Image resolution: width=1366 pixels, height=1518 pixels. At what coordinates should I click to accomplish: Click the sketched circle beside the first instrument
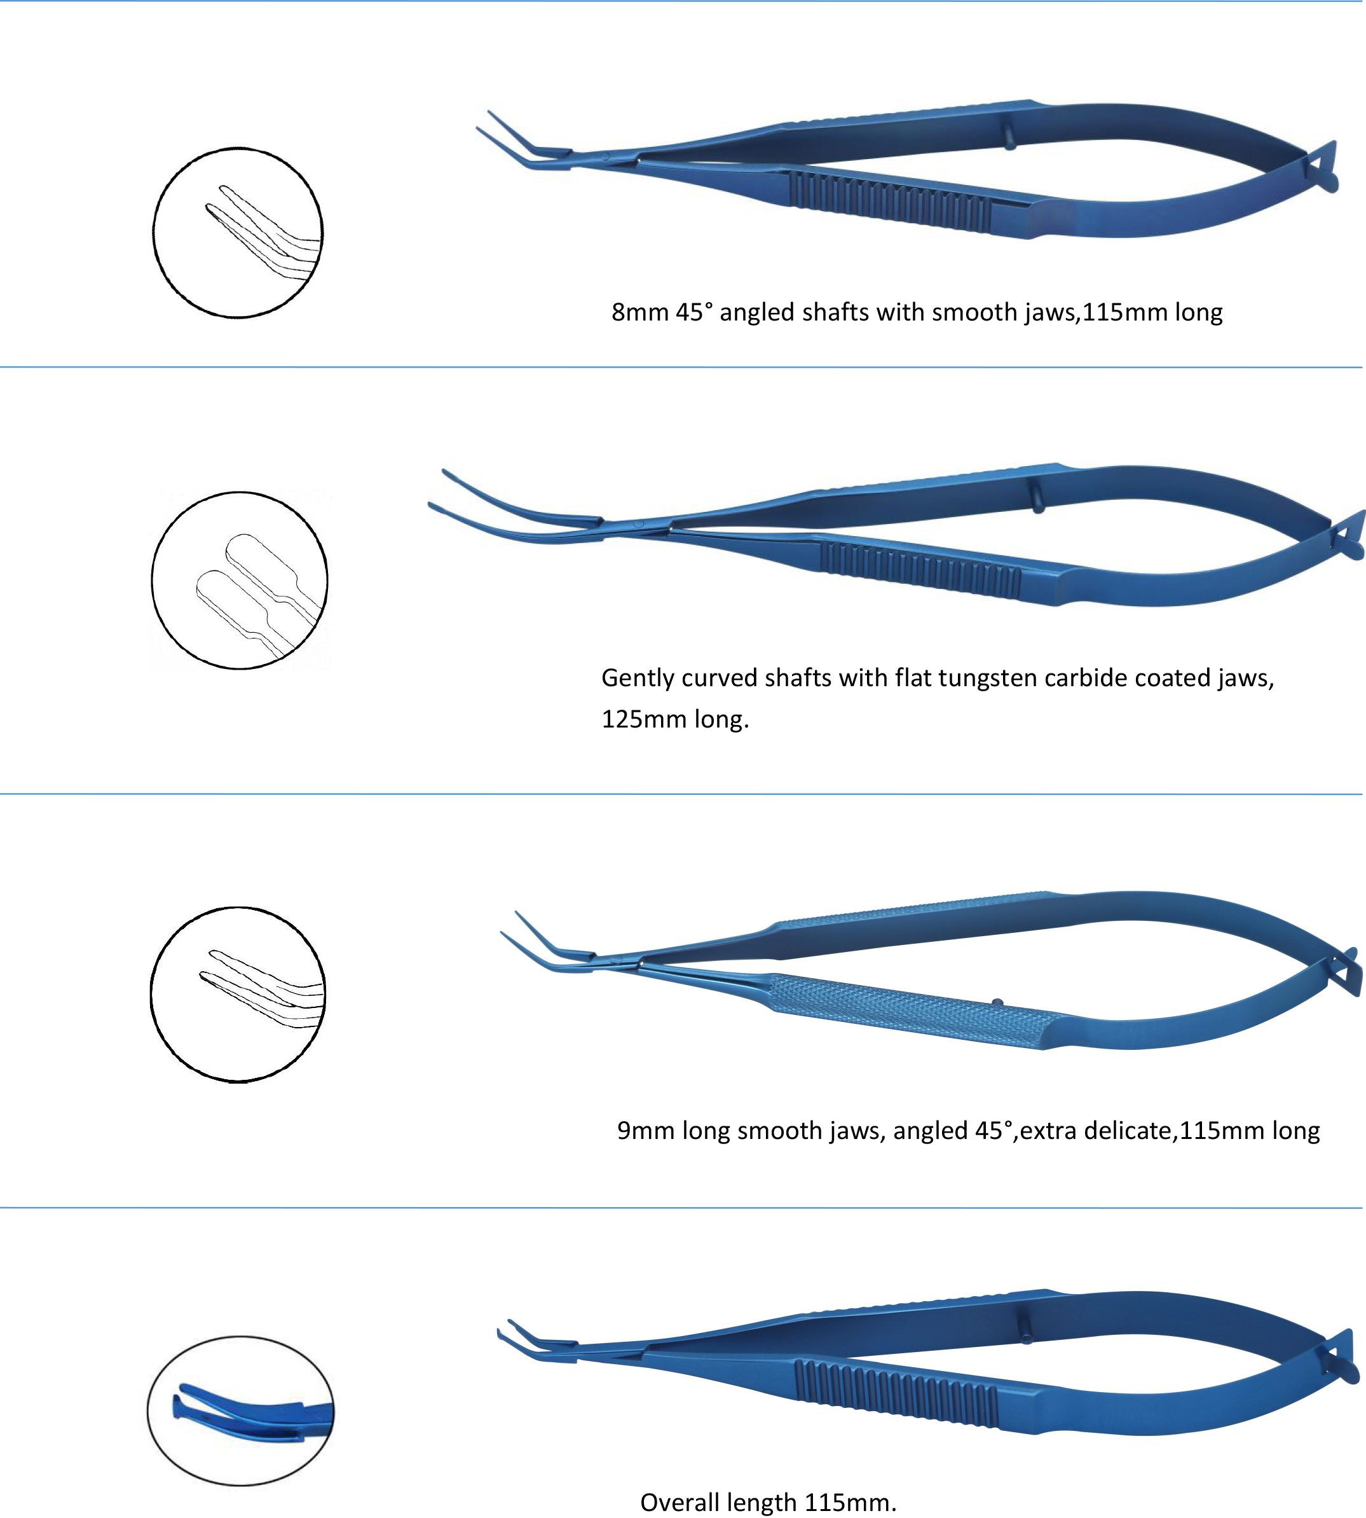238,233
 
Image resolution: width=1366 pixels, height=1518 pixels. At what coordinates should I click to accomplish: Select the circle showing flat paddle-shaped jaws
240,581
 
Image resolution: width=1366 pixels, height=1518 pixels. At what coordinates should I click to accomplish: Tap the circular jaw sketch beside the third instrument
238,995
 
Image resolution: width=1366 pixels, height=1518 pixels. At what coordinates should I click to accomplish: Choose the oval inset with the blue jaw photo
241,1411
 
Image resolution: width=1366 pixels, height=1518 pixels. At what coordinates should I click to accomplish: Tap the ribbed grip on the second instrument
921,570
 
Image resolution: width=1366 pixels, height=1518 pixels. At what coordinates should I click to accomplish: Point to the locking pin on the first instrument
1010,137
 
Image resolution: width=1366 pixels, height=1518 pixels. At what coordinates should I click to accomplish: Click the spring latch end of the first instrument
1323,167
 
